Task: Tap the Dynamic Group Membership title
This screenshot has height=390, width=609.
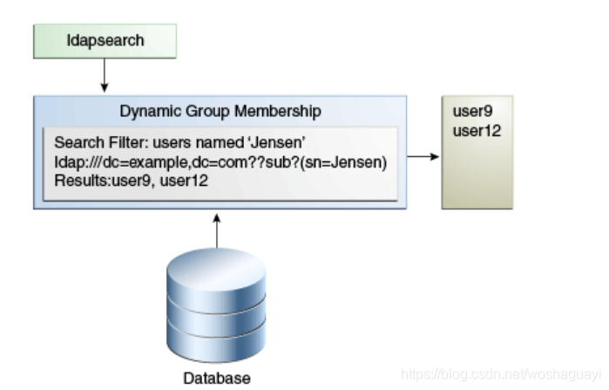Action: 220,112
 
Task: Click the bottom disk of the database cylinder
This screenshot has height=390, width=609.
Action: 217,342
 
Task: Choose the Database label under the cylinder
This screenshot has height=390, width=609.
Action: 217,378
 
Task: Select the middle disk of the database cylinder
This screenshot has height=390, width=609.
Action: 217,314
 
